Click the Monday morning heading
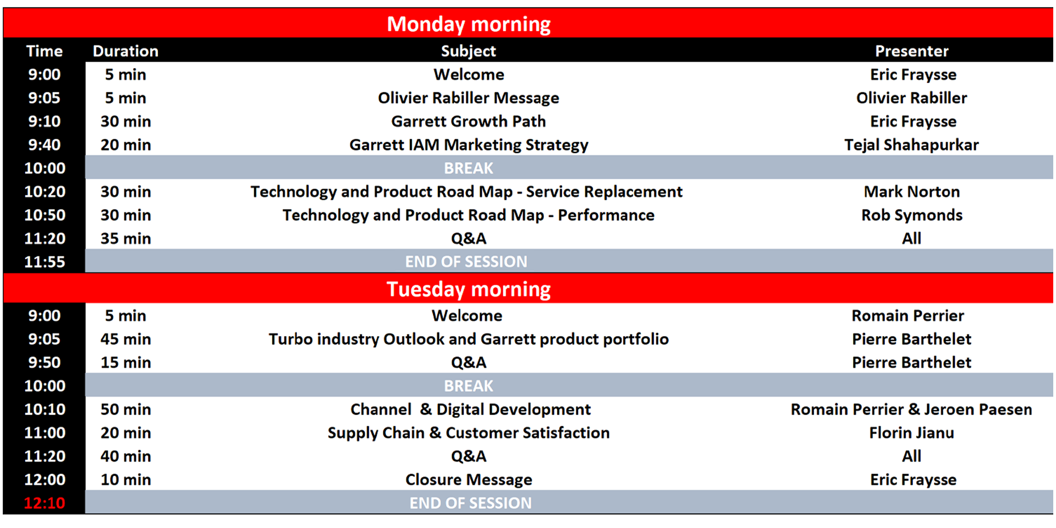pos(469,24)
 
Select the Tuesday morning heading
pos(469,289)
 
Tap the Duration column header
pos(125,51)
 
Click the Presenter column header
pos(911,51)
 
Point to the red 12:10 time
pos(45,503)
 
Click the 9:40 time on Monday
pos(45,145)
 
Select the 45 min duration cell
pos(125,339)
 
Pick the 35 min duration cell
pos(125,238)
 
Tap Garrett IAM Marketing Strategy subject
pos(469,145)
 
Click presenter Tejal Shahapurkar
pos(911,145)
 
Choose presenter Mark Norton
pos(911,191)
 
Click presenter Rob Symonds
pos(911,215)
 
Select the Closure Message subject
pos(469,480)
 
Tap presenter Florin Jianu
pos(911,433)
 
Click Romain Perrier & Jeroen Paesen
pos(911,409)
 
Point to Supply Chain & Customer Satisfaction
pos(469,433)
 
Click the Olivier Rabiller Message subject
pos(469,98)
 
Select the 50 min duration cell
pos(125,409)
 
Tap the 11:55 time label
pos(45,262)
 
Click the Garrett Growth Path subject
pos(469,121)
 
